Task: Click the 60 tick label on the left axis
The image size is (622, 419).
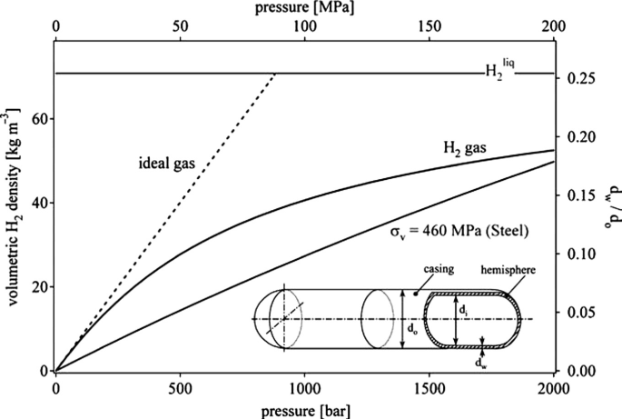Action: [x=39, y=119]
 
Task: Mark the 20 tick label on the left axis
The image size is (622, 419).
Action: [x=39, y=287]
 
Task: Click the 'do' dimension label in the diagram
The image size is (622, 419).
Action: [x=410, y=324]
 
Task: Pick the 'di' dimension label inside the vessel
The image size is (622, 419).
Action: [x=466, y=312]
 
